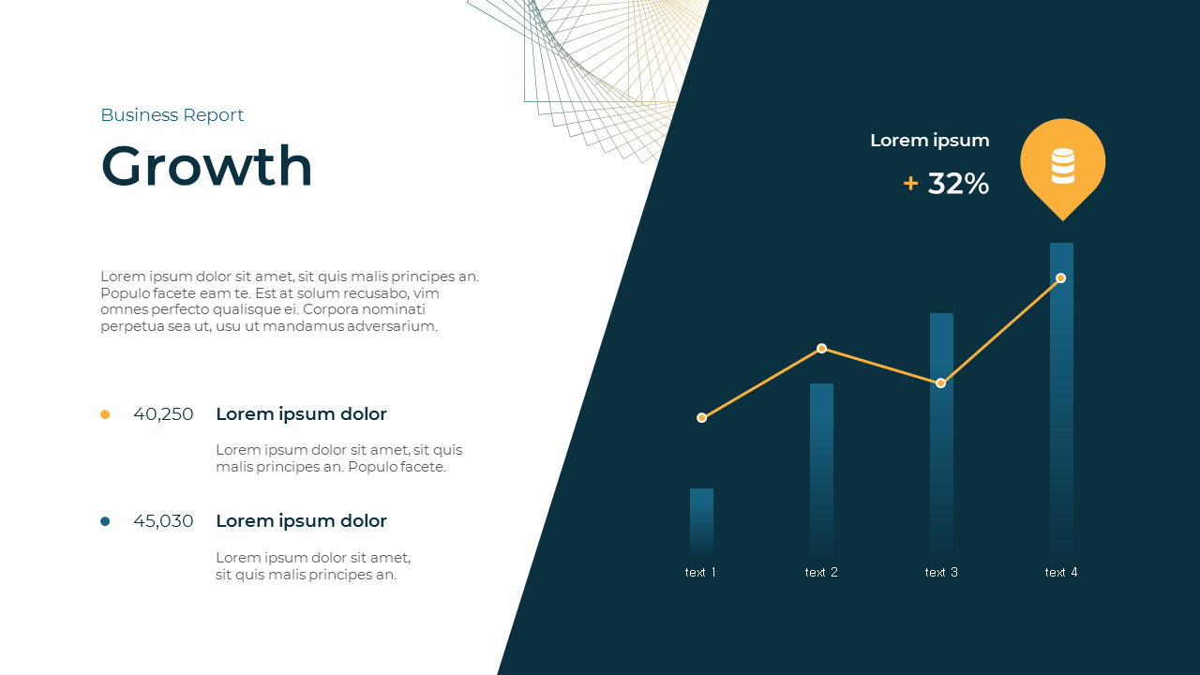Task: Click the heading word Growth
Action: (x=206, y=166)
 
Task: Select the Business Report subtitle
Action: (x=172, y=115)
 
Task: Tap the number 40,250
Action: (x=163, y=414)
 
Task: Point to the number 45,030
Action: (x=163, y=521)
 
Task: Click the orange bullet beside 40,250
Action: (x=105, y=414)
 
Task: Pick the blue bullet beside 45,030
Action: (x=105, y=521)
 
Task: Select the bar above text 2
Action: (x=821, y=469)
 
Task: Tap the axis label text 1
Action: (x=700, y=572)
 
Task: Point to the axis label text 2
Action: (x=821, y=572)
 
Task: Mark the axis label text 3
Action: (x=941, y=572)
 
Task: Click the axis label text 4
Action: (x=1061, y=572)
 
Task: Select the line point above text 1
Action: (x=701, y=418)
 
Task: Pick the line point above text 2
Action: (x=821, y=349)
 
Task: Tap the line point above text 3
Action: (x=941, y=383)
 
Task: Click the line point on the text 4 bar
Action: (x=1061, y=278)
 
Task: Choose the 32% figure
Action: (x=958, y=184)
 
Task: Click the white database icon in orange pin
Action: (x=1062, y=166)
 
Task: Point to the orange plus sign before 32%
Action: (x=910, y=184)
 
